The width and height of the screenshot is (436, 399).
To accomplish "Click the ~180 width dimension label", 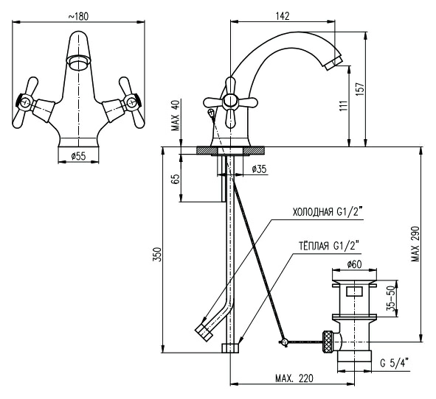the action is tap(78, 16).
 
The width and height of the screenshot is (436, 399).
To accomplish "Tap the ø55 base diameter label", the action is tap(78, 157).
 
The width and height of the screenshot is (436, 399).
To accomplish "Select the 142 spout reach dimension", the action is tap(283, 15).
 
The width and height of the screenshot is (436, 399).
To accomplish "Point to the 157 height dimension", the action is tap(360, 89).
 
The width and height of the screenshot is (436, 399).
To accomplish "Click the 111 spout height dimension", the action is tap(344, 106).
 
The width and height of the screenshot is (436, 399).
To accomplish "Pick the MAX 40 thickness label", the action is tap(176, 115).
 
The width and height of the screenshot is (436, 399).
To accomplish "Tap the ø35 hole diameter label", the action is tap(259, 169).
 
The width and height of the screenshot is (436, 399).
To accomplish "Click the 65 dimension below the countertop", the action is tap(176, 179).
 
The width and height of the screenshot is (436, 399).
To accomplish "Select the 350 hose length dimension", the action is tap(157, 254).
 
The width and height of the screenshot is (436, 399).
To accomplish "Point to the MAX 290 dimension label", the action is tap(415, 244).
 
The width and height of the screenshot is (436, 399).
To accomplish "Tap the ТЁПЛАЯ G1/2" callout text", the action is tap(329, 246).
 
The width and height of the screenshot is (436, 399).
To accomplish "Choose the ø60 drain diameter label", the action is tap(354, 264).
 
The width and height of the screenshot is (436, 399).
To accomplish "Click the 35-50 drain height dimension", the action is tap(391, 298).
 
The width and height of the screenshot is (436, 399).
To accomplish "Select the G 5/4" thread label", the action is tap(395, 363).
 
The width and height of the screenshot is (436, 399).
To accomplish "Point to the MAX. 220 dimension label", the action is tap(294, 378).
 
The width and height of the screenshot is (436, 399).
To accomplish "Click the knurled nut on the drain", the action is tap(328, 342).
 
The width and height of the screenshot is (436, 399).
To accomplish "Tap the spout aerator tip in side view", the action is tap(333, 63).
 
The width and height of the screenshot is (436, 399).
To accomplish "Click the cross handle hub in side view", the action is tap(230, 102).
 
